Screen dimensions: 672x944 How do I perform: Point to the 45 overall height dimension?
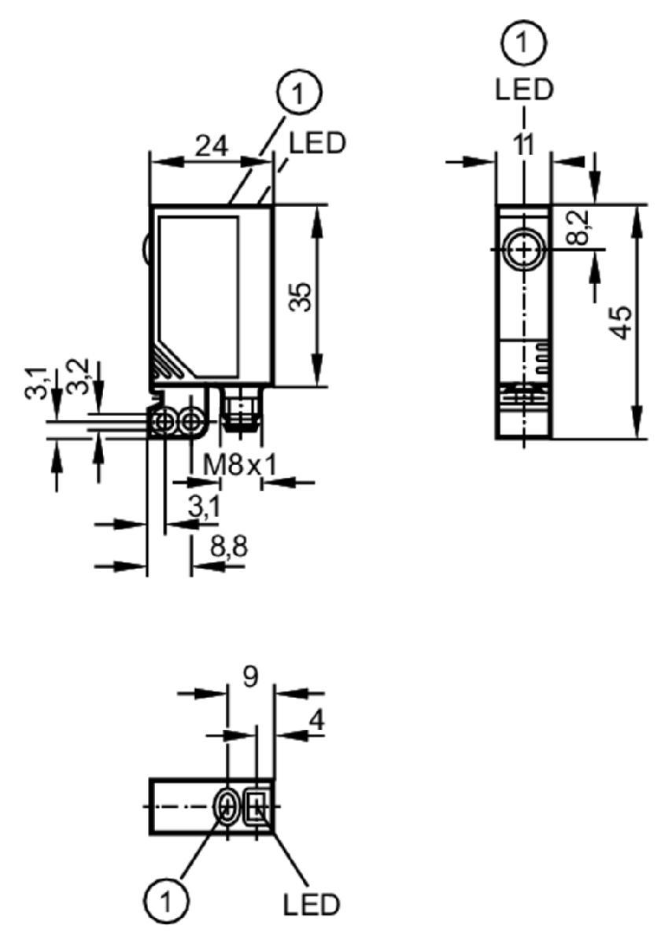pos(622,323)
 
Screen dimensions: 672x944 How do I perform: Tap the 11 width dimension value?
pos(524,145)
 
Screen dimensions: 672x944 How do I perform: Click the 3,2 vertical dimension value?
pos(78,376)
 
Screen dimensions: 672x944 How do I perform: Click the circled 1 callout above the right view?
pos(523,42)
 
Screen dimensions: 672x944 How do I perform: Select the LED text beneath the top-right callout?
pos(523,90)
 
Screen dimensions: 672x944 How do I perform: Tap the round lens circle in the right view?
pos(523,249)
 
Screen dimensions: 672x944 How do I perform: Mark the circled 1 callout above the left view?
pos(299,92)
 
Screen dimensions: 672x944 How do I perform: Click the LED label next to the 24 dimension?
pos(317,142)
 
